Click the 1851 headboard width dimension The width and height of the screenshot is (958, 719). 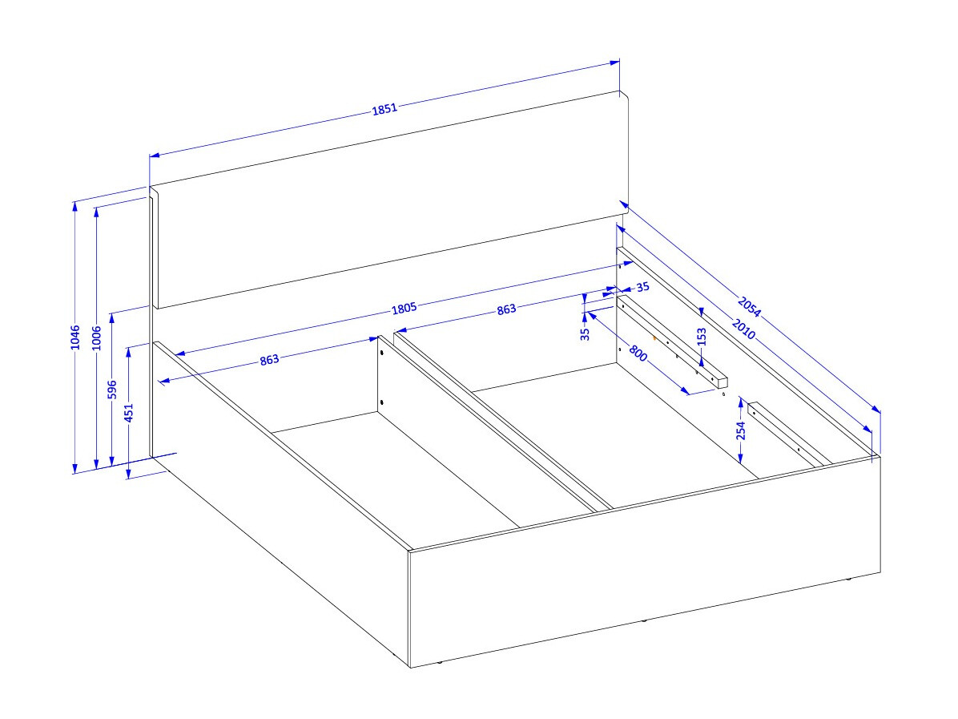[x=384, y=109]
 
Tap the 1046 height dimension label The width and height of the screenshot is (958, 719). [x=75, y=337]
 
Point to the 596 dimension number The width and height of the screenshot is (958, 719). [x=112, y=390]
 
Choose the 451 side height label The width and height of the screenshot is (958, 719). [x=128, y=413]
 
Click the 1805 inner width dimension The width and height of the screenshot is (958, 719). [x=404, y=309]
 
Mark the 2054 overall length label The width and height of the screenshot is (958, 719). [x=749, y=307]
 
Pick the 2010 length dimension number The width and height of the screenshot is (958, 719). [x=743, y=329]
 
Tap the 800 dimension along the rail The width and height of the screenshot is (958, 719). [x=638, y=353]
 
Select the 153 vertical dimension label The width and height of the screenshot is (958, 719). [x=702, y=337]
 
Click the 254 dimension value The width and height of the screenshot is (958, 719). [x=741, y=430]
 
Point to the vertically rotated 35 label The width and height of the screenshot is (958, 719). [x=585, y=333]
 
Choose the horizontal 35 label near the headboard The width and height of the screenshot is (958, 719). [x=642, y=287]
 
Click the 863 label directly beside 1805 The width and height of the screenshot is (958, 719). [x=506, y=310]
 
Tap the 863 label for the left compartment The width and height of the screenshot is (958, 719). [x=269, y=359]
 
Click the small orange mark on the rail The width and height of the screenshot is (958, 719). [x=654, y=337]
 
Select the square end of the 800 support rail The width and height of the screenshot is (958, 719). [x=723, y=383]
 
